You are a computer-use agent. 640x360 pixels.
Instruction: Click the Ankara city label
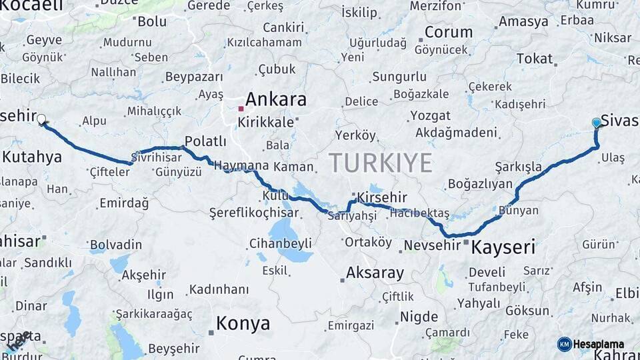pyautogui.click(x=276, y=100)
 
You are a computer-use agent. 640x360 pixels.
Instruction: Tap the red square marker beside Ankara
pyautogui.click(x=241, y=107)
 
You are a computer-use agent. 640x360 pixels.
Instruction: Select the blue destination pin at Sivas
pyautogui.click(x=596, y=123)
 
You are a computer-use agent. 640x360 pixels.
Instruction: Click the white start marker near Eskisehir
pyautogui.click(x=41, y=120)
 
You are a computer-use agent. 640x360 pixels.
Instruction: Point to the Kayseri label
pyautogui.click(x=503, y=248)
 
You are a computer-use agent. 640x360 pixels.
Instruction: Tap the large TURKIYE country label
pyautogui.click(x=380, y=162)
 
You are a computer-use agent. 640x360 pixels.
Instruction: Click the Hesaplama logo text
pyautogui.click(x=600, y=344)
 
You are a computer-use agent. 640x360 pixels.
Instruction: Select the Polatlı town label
pyautogui.click(x=205, y=141)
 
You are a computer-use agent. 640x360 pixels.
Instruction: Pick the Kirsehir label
pyautogui.click(x=382, y=197)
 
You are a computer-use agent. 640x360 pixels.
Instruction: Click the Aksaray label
pyautogui.click(x=375, y=273)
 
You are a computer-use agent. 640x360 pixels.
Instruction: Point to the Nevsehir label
pyautogui.click(x=433, y=245)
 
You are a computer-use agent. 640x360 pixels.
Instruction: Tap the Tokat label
pyautogui.click(x=535, y=59)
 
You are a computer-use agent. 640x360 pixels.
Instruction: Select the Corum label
pyautogui.click(x=449, y=32)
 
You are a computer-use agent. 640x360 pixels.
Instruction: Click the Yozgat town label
pyautogui.click(x=430, y=115)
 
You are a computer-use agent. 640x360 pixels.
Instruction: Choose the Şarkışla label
pyautogui.click(x=518, y=165)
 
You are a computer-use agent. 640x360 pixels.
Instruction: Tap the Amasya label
pyautogui.click(x=523, y=21)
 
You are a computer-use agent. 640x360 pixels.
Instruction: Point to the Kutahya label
pyautogui.click(x=32, y=157)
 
